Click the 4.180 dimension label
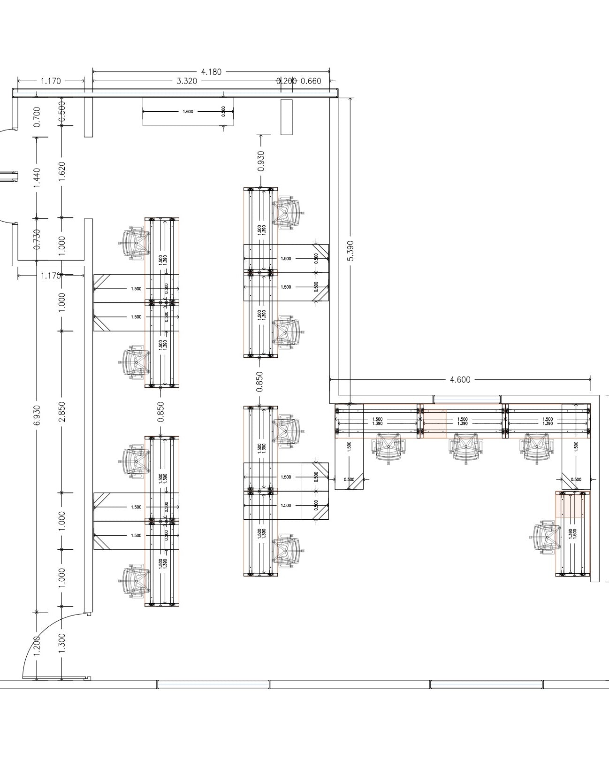211,72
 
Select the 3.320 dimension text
186,81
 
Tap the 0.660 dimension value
311,81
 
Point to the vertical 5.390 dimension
351,251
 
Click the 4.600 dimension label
460,379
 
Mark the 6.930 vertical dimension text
37,416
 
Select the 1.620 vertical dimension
62,173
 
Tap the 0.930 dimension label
261,161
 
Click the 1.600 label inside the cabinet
188,112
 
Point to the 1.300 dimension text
62,642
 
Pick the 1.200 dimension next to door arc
37,646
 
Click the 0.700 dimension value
37,116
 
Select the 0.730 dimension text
37,239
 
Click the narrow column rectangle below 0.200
286,117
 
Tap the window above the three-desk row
466,400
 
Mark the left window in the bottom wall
213,685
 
